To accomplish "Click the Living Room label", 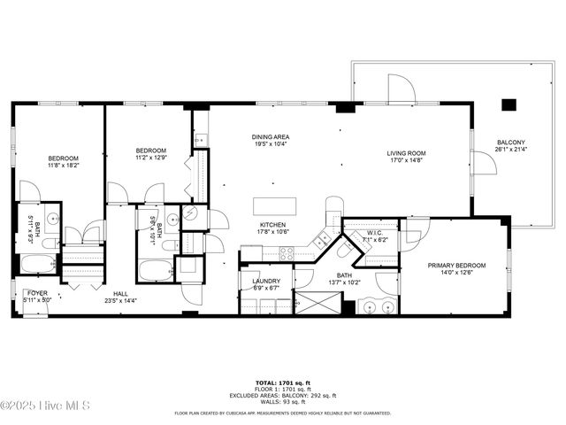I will (406, 154).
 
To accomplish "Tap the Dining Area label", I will (271, 137).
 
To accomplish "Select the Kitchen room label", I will (272, 225).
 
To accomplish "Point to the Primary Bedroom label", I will (457, 265).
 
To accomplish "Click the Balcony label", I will (510, 143).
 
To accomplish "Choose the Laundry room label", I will (253, 281).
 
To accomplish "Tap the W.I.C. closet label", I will (372, 234).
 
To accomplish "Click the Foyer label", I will (37, 292).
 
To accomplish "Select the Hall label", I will (119, 294).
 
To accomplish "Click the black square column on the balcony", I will (509, 104).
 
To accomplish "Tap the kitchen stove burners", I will (287, 252).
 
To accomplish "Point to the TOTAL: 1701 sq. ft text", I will (282, 376).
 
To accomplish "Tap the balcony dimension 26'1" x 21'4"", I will (510, 149).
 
